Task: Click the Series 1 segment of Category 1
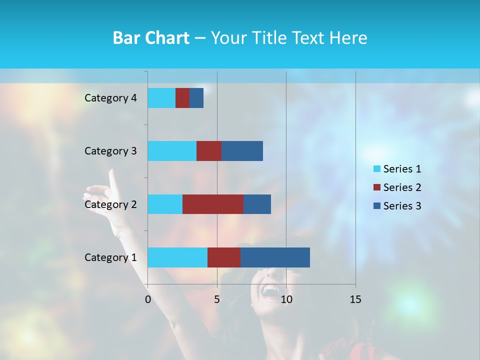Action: pyautogui.click(x=177, y=257)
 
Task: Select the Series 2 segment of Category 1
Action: pyautogui.click(x=224, y=257)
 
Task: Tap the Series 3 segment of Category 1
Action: pyautogui.click(x=275, y=257)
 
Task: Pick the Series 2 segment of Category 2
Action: pyautogui.click(x=213, y=204)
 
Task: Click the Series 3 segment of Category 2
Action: pyautogui.click(x=257, y=204)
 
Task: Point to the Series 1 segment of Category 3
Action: pyautogui.click(x=172, y=151)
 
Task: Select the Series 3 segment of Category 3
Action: pyautogui.click(x=242, y=151)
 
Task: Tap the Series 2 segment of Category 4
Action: pyautogui.click(x=182, y=98)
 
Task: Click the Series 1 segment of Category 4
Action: pyautogui.click(x=161, y=98)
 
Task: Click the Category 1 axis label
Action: pyautogui.click(x=110, y=257)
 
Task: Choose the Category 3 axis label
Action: pyautogui.click(x=110, y=151)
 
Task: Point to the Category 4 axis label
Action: pyautogui.click(x=110, y=98)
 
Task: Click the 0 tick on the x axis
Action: pyautogui.click(x=148, y=299)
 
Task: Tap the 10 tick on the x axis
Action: pyautogui.click(x=286, y=299)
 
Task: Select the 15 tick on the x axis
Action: pyautogui.click(x=355, y=299)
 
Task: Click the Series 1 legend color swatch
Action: pyautogui.click(x=376, y=169)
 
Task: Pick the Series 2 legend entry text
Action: pyautogui.click(x=402, y=187)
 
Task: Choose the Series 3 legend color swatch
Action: pyautogui.click(x=376, y=206)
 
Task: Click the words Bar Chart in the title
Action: pyautogui.click(x=151, y=38)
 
